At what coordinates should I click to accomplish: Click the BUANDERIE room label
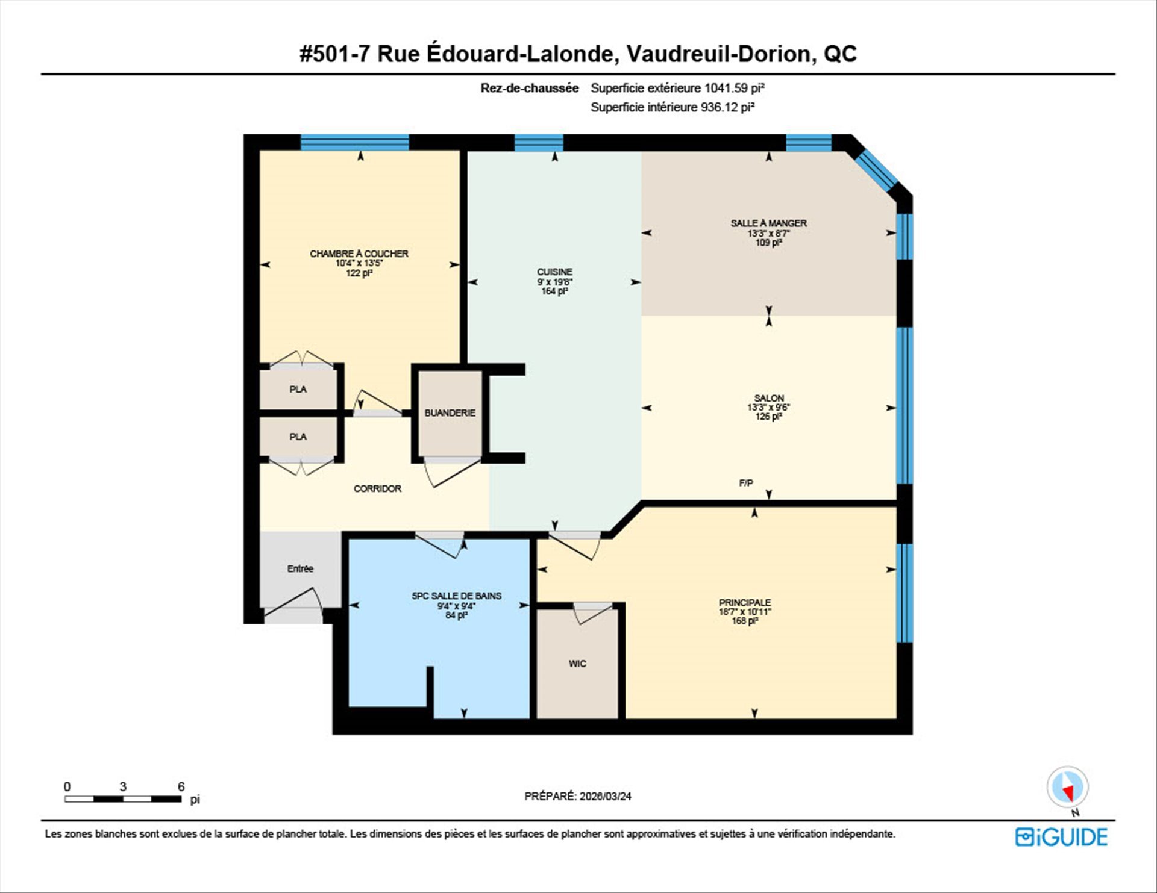pos(450,413)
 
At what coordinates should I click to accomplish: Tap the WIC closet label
pos(577,664)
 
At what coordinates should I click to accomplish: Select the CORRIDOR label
pos(377,488)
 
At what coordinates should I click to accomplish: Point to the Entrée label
pos(300,568)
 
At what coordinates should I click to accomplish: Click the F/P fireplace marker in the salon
pos(746,483)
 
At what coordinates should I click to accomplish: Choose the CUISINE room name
pos(554,272)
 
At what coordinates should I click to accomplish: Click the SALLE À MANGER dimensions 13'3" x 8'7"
pos(769,233)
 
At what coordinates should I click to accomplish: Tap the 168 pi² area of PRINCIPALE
pos(745,621)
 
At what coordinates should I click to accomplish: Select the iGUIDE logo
pos(1061,837)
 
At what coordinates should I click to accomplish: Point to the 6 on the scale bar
pos(181,786)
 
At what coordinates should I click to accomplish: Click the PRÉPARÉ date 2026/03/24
pos(606,796)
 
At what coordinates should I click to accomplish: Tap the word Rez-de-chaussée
pos(530,88)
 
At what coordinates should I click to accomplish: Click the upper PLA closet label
pos(298,390)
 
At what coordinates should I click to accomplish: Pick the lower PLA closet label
pos(298,437)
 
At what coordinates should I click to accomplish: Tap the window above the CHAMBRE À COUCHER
pos(354,142)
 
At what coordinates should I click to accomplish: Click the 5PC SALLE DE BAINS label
pos(457,596)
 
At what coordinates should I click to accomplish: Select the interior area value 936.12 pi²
pos(727,107)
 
